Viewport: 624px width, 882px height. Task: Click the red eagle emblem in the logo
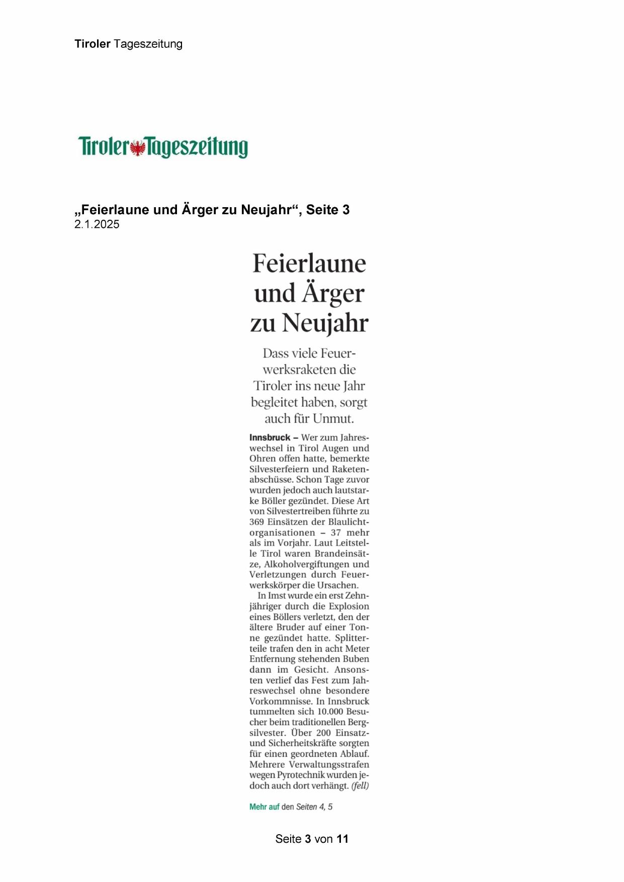pyautogui.click(x=137, y=148)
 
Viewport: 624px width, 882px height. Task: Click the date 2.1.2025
pyautogui.click(x=97, y=225)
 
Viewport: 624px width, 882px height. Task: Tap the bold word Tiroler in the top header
pyautogui.click(x=93, y=44)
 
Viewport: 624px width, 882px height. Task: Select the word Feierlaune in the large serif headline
pyautogui.click(x=309, y=263)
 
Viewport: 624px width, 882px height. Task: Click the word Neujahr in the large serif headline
pyautogui.click(x=325, y=323)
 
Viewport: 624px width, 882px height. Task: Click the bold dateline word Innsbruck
pyautogui.click(x=270, y=437)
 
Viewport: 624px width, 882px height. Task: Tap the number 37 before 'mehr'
pyautogui.click(x=336, y=533)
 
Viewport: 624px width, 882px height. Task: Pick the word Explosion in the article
pyautogui.click(x=349, y=606)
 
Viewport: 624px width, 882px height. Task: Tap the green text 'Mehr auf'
pyautogui.click(x=264, y=807)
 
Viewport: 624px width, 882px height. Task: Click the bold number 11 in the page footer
pyautogui.click(x=342, y=839)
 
